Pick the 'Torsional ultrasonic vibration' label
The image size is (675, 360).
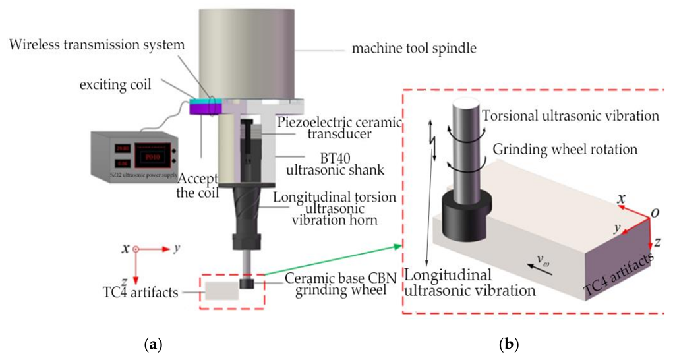pyautogui.click(x=571, y=116)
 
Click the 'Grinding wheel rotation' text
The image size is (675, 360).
pyautogui.click(x=562, y=149)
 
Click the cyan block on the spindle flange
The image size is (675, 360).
pyautogui.click(x=197, y=102)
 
